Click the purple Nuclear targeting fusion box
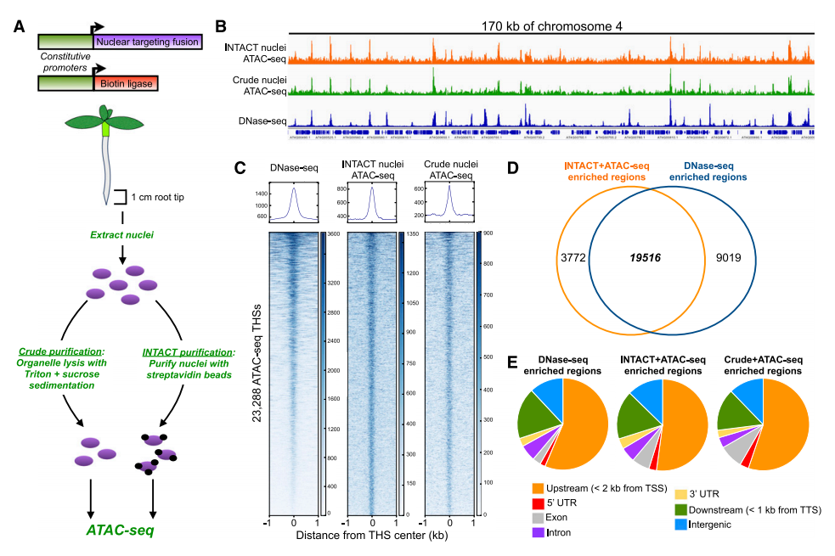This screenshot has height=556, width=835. click(147, 41)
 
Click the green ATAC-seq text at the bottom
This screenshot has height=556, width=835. click(122, 531)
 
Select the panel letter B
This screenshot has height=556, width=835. click(221, 26)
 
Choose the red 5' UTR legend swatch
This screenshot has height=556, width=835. click(537, 503)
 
